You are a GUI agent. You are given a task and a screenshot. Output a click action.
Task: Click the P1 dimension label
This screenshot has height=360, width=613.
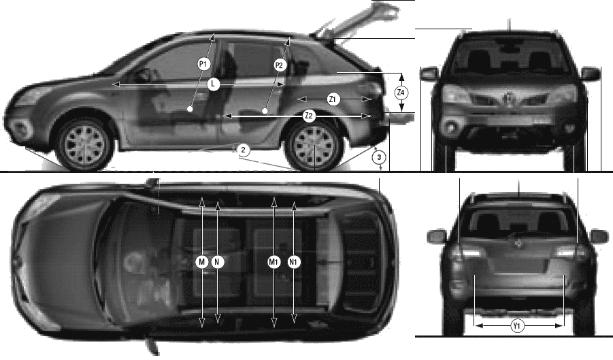pos(203,64)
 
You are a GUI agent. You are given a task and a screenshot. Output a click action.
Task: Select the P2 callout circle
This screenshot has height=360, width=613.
pos(279,65)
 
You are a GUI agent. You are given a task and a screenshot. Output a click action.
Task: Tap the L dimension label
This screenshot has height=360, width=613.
pos(213,84)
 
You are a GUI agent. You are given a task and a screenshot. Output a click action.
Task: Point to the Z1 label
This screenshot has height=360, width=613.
pos(332,99)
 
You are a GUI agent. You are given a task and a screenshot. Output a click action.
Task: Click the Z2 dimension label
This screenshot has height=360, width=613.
pos(309,116)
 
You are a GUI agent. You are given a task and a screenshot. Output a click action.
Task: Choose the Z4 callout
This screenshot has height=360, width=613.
pos(401,93)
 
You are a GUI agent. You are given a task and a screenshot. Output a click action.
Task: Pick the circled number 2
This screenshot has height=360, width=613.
pos(243,150)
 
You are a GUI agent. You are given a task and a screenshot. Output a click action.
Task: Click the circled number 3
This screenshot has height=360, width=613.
pos(379,158)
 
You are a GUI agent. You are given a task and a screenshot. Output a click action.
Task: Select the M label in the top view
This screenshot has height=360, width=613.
pos(202,262)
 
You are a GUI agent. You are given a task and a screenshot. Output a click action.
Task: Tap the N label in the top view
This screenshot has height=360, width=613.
pos(218,262)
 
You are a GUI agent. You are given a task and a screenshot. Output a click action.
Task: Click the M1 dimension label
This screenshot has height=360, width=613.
pos(274,262)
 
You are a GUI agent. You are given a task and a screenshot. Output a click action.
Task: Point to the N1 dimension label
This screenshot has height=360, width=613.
pos(294,262)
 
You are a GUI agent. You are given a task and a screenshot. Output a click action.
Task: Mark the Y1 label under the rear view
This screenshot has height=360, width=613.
pos(517,325)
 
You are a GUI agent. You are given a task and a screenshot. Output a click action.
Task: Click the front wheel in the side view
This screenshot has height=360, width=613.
pos(84,145)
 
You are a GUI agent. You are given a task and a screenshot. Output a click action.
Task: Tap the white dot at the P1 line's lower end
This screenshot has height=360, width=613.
pos(190,110)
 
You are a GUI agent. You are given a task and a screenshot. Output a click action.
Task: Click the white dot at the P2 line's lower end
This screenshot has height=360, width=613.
pos(265,111)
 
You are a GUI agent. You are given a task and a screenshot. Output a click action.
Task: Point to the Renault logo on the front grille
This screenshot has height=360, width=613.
pos(510,98)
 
